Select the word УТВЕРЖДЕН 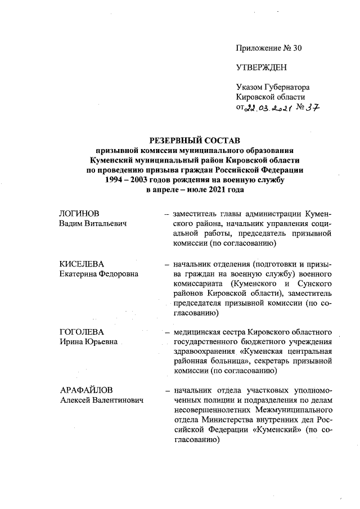262,67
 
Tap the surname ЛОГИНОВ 79,214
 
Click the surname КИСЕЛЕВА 83,263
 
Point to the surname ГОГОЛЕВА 82,332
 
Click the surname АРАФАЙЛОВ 87,390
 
